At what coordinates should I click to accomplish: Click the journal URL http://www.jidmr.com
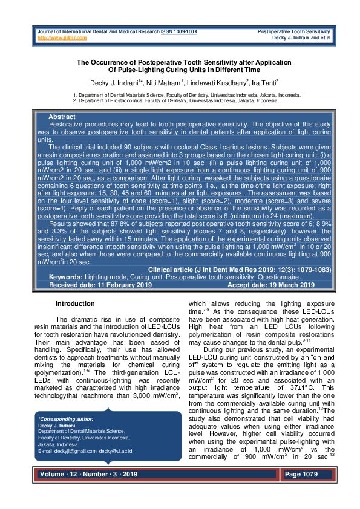point(62,37)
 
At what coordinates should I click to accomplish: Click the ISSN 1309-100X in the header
point(179,31)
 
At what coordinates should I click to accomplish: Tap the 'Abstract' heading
point(62,116)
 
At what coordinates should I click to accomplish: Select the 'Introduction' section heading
point(75,303)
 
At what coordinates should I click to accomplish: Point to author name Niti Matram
point(165,82)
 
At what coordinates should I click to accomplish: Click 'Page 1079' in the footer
point(302,475)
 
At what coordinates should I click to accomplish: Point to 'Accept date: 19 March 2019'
point(270,285)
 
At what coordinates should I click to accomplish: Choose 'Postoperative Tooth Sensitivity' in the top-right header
point(293,31)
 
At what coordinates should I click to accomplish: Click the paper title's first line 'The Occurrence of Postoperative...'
point(183,62)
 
